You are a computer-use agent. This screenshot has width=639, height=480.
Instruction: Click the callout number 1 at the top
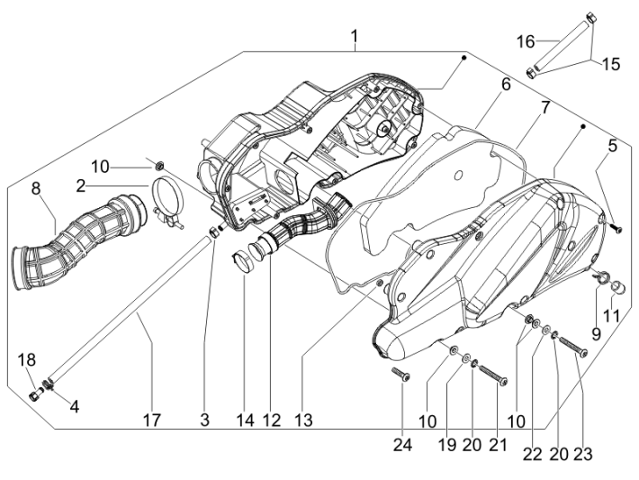click(355, 36)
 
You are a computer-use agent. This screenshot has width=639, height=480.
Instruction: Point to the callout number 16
click(526, 41)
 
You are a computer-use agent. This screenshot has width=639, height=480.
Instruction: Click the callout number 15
click(611, 64)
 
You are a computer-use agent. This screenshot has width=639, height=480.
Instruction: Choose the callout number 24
click(400, 419)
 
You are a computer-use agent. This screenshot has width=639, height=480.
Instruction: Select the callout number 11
click(612, 315)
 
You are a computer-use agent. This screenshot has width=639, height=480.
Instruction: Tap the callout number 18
click(27, 360)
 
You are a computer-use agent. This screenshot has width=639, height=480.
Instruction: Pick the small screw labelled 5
click(616, 230)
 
